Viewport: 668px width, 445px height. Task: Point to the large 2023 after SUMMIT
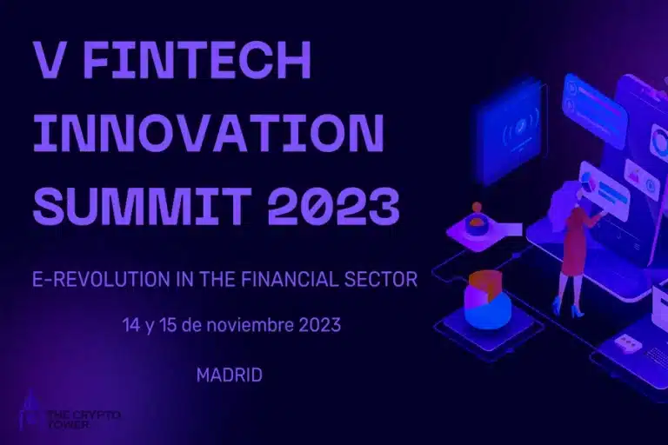coord(334,205)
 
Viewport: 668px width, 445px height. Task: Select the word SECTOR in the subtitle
coord(384,280)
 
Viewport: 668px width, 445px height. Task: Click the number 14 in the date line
coord(131,326)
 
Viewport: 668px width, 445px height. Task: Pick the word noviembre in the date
coord(252,326)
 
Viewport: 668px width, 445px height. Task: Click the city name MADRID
coord(230,376)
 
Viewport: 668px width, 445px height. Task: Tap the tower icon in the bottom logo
coord(31,413)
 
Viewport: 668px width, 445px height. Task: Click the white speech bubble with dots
coord(627,343)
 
